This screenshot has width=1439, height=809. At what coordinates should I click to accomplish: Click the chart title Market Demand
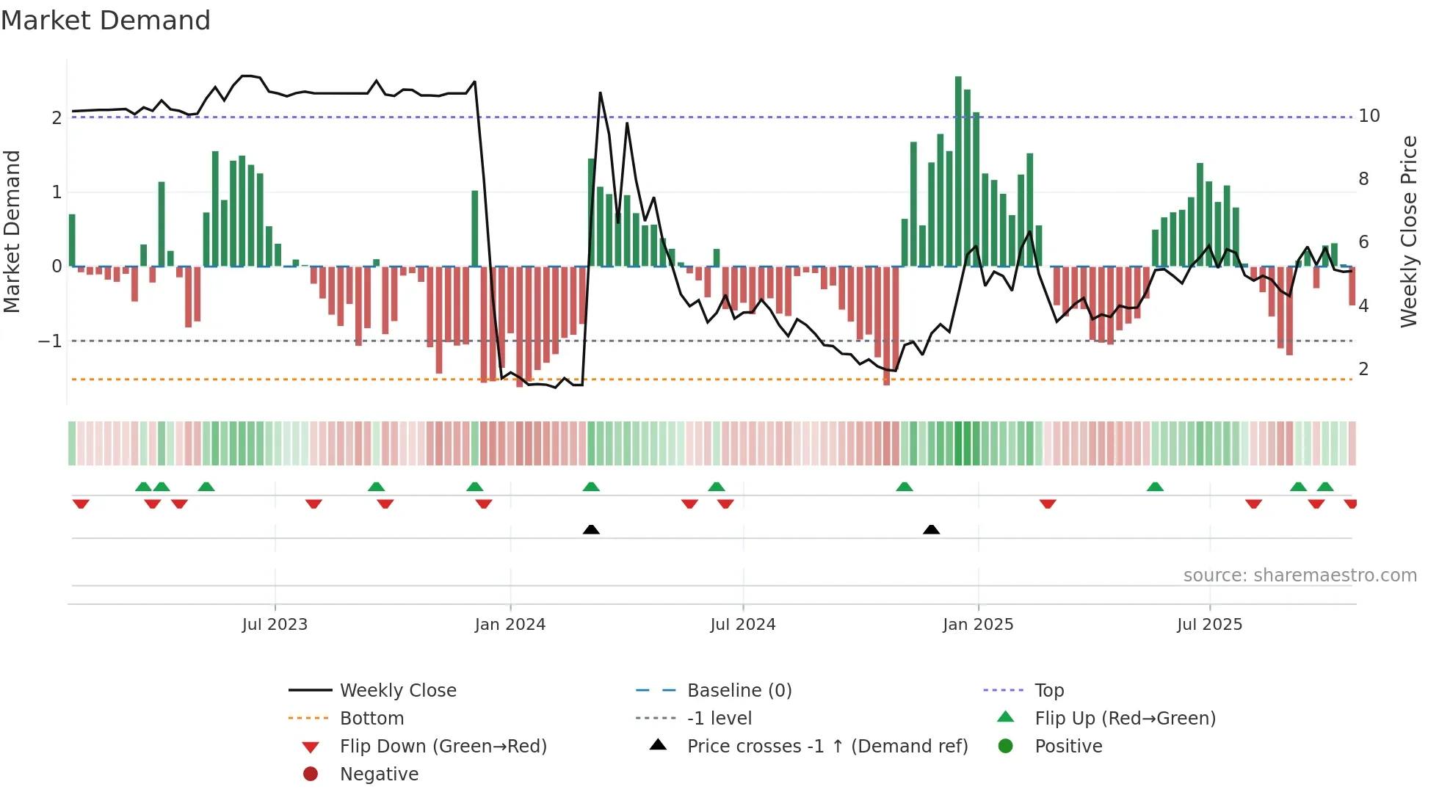pos(106,21)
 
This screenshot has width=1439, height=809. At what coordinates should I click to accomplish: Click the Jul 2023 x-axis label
pos(275,625)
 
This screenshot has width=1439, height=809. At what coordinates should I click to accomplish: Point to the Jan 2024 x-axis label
pos(510,625)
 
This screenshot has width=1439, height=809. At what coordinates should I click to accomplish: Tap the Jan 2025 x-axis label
pos(978,625)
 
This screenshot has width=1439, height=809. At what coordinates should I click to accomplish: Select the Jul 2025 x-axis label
pos(1209,625)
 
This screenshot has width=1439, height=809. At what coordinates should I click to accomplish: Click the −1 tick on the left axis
pos(50,341)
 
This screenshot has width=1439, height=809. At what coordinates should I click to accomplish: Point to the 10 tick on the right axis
pos(1369,116)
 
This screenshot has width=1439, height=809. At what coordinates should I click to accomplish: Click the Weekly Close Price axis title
pos(1408,231)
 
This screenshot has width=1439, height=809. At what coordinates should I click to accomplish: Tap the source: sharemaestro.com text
pos(1300,576)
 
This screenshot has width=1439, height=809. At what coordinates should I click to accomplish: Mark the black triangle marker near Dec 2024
pos(931,529)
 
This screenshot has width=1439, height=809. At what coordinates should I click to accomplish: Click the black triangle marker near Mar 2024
pos(591,529)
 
